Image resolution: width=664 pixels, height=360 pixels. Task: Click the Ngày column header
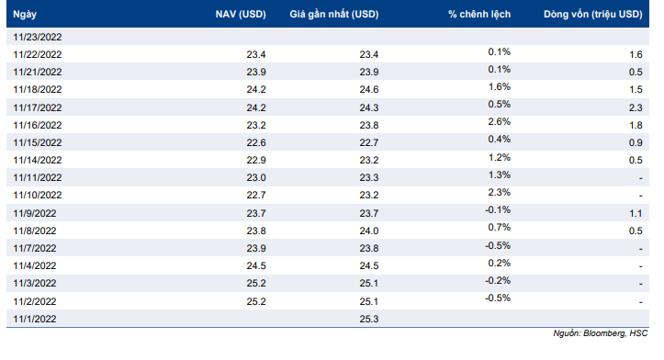25,15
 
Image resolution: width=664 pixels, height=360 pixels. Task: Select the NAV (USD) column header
241,15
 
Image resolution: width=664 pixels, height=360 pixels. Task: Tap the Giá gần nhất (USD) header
334,15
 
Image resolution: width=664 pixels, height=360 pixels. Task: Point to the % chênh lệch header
479,15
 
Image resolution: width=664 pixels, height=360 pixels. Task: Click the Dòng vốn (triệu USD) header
593,15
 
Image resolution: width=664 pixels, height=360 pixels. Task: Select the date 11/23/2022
38,38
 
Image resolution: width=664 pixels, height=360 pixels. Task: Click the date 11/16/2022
38,126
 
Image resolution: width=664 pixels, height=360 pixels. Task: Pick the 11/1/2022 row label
35,319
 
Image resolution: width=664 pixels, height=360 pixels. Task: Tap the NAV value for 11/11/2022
256,178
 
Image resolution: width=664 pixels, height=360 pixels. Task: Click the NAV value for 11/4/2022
256,266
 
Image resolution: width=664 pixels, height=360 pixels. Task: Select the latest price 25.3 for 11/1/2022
369,319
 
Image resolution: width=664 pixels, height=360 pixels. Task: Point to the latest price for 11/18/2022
369,90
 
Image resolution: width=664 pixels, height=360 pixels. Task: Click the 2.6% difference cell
500,122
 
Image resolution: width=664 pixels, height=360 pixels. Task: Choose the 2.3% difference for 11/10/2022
500,192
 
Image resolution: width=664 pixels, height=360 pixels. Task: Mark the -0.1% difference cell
498,210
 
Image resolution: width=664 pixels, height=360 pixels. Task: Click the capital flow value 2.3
636,108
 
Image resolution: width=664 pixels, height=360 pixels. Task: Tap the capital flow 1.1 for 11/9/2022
636,213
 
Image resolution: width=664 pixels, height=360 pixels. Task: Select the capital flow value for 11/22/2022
636,54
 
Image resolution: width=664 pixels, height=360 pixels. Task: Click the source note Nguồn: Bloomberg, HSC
600,333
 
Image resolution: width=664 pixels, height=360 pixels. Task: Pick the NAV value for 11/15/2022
256,142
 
